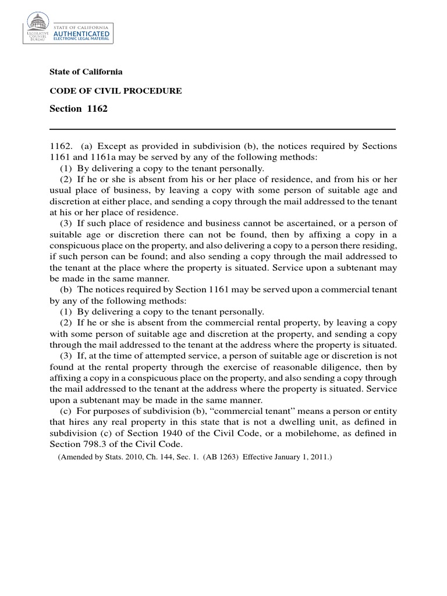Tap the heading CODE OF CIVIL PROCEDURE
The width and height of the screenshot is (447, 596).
tap(116, 91)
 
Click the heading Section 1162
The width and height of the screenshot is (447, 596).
tap(79, 109)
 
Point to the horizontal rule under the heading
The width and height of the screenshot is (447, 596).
tap(222, 129)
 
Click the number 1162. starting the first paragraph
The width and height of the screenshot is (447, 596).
tap(61, 146)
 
